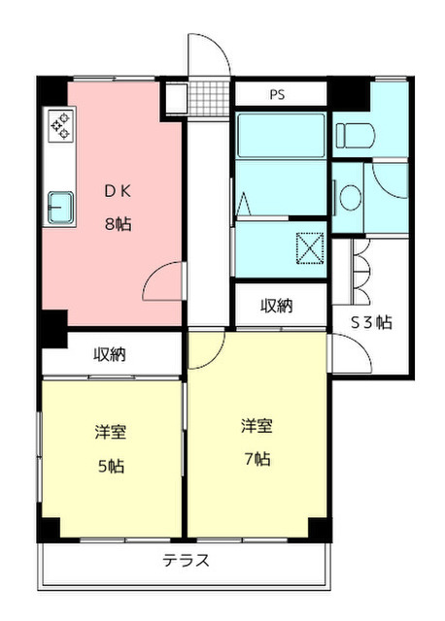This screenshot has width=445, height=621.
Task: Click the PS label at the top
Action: (277, 95)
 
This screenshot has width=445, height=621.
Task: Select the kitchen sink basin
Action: (61, 207)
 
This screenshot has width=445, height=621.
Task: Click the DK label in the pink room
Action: (118, 191)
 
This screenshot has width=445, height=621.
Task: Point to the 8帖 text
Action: (119, 224)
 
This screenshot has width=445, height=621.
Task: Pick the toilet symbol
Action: (356, 136)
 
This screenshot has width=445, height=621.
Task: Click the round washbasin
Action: (351, 198)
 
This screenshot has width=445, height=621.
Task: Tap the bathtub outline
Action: (281, 136)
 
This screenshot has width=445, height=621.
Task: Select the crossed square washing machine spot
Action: (310, 248)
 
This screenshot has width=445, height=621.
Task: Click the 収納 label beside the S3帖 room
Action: (277, 306)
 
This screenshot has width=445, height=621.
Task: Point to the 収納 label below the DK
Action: (110, 354)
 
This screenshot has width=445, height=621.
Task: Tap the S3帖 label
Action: (372, 322)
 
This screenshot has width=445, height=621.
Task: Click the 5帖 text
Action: (112, 466)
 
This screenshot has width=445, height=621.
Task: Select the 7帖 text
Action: (257, 459)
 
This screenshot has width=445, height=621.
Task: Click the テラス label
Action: (186, 561)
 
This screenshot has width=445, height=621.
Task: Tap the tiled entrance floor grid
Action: (209, 98)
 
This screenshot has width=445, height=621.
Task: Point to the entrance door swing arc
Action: (218, 48)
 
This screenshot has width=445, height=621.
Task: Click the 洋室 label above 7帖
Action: (257, 426)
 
